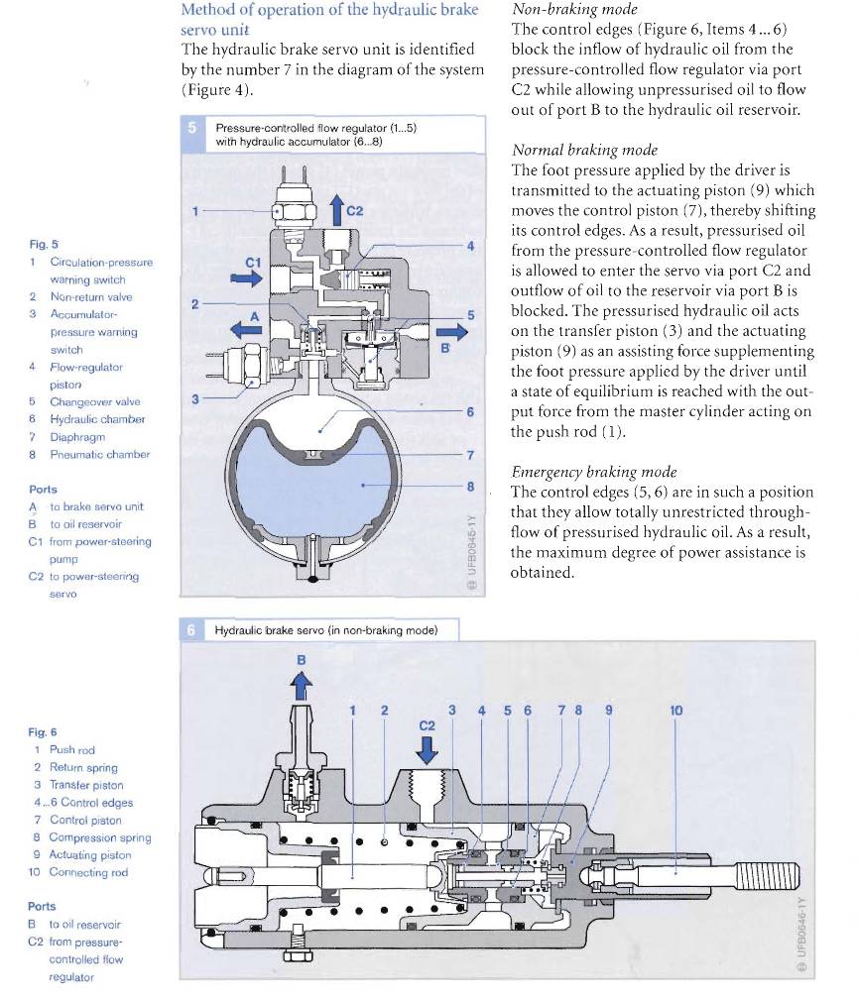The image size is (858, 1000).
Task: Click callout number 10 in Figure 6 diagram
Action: (676, 710)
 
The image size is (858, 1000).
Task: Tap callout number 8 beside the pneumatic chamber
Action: (471, 486)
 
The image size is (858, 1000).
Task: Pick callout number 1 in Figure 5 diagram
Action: (196, 210)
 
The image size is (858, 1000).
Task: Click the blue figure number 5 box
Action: (193, 128)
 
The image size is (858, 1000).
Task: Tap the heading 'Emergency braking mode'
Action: (579, 472)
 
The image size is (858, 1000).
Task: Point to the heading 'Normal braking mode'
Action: (570, 151)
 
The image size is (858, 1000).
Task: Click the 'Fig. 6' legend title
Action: (43, 732)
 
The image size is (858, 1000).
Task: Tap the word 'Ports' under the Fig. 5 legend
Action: (43, 490)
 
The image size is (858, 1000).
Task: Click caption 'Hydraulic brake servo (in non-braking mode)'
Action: (323, 630)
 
